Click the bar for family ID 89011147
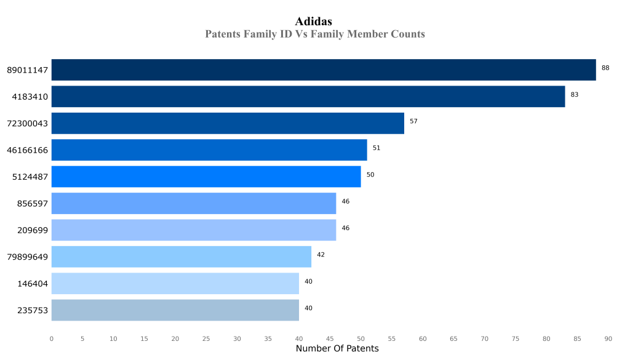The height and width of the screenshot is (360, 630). pos(324,70)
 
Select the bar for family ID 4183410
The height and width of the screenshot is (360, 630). pos(308,97)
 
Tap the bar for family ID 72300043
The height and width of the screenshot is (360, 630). pos(228,123)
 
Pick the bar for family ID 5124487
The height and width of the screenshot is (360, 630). pos(206,177)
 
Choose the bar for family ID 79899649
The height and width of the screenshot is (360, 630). pos(181,257)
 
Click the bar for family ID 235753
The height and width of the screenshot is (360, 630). pos(175,310)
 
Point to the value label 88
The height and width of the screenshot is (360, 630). pos(605,68)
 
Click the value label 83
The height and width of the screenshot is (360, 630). pos(575,95)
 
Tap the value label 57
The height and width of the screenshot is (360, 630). pos(413,121)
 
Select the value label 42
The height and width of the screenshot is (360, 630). pos(321,255)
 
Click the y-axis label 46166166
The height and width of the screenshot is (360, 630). pos(28,150)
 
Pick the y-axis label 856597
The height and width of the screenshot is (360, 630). pos(33,204)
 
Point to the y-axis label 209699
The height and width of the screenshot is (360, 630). pos(33,230)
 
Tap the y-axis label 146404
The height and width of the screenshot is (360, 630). pos(33,284)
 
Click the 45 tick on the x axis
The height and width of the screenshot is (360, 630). pos(330,338)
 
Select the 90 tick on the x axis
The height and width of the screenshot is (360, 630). pos(608,338)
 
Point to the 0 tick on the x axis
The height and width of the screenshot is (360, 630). pos(51,338)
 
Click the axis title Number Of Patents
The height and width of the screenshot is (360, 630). pos(337,349)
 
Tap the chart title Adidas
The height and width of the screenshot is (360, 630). pos(314,22)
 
